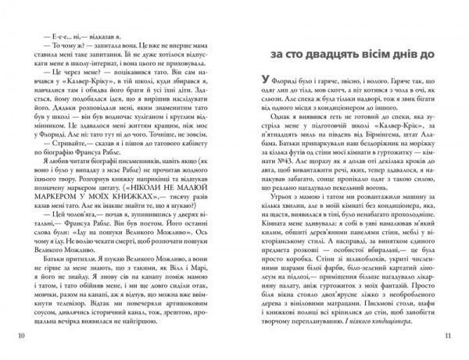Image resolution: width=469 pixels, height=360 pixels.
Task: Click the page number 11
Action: click(x=448, y=336)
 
